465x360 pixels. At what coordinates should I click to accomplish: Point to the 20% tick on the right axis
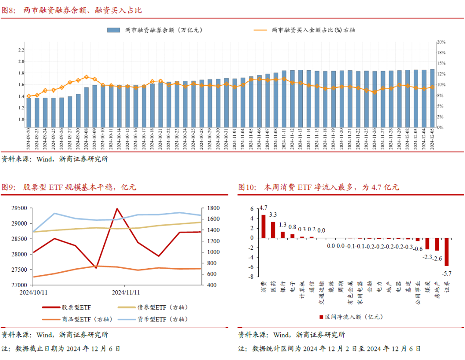(x=441, y=42)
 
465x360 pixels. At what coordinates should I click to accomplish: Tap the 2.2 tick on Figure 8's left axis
(x=21, y=50)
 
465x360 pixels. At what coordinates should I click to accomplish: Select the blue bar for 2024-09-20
(x=29, y=112)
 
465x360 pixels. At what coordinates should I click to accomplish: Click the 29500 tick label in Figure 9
(x=18, y=208)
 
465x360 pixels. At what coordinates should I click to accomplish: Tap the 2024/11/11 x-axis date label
(x=126, y=292)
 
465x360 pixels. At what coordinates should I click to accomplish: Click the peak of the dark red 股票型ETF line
(x=117, y=208)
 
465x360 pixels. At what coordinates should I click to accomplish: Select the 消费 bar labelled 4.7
(x=263, y=226)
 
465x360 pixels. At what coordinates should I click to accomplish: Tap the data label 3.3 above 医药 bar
(x=273, y=214)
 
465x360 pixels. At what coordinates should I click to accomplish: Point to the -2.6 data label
(x=437, y=258)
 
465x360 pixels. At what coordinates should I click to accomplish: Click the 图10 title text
(x=319, y=188)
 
